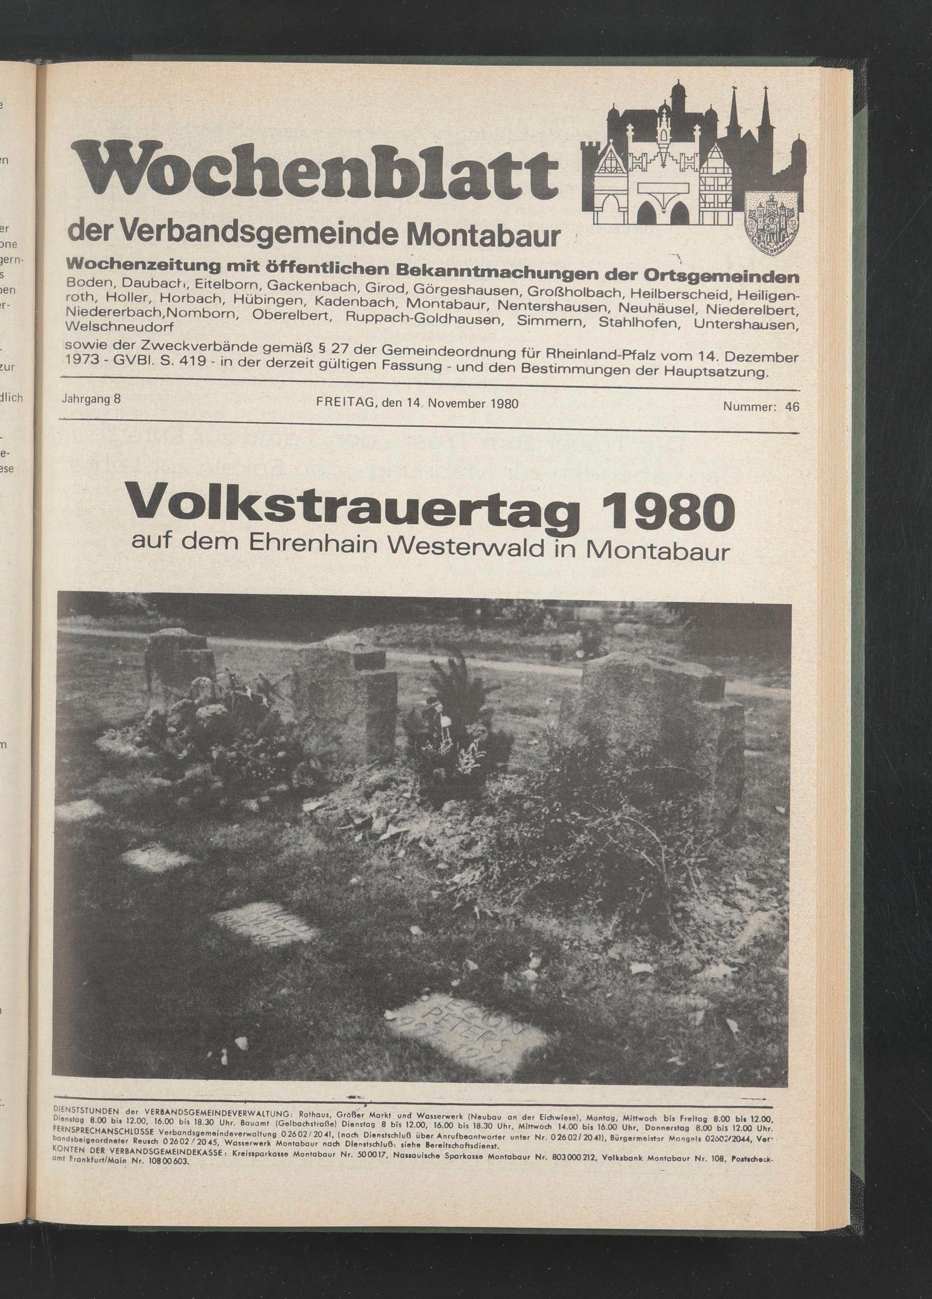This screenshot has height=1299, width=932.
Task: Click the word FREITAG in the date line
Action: click(x=342, y=403)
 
